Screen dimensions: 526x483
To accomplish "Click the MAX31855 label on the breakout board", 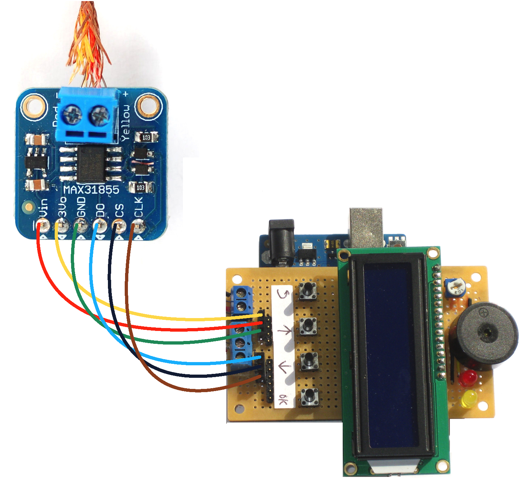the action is tap(91, 189).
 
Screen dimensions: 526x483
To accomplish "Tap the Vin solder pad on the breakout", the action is tap(44, 226).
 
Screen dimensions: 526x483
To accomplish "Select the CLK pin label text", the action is tap(138, 207).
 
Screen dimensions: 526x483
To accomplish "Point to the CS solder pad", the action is tap(119, 226).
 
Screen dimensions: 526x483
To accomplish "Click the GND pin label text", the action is tap(81, 207).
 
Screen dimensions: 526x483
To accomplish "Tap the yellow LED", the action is tap(469, 398).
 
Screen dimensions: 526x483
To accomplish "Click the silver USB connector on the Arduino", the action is tap(366, 227).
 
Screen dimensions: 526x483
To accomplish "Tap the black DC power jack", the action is tap(282, 241).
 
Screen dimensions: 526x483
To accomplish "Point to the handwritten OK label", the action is tap(283, 400).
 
